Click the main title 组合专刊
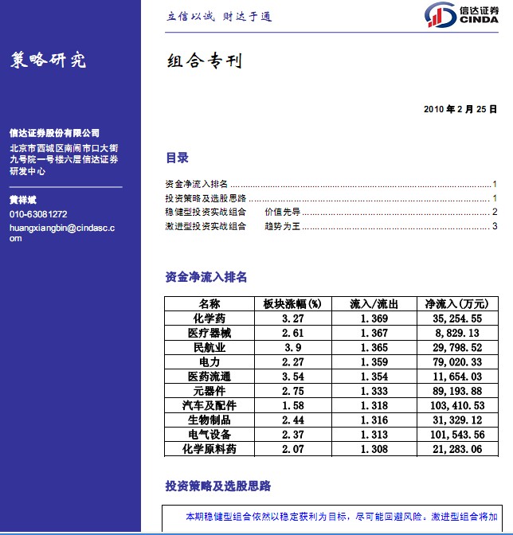click(204, 61)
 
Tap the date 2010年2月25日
click(460, 108)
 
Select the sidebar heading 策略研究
click(48, 61)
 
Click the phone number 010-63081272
click(38, 215)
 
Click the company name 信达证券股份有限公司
click(54, 133)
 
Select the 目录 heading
click(177, 158)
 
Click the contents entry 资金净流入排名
click(196, 183)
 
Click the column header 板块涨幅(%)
click(292, 304)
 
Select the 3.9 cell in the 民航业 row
click(292, 347)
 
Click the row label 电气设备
click(210, 435)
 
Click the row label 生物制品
click(210, 420)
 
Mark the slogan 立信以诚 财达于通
click(219, 17)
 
